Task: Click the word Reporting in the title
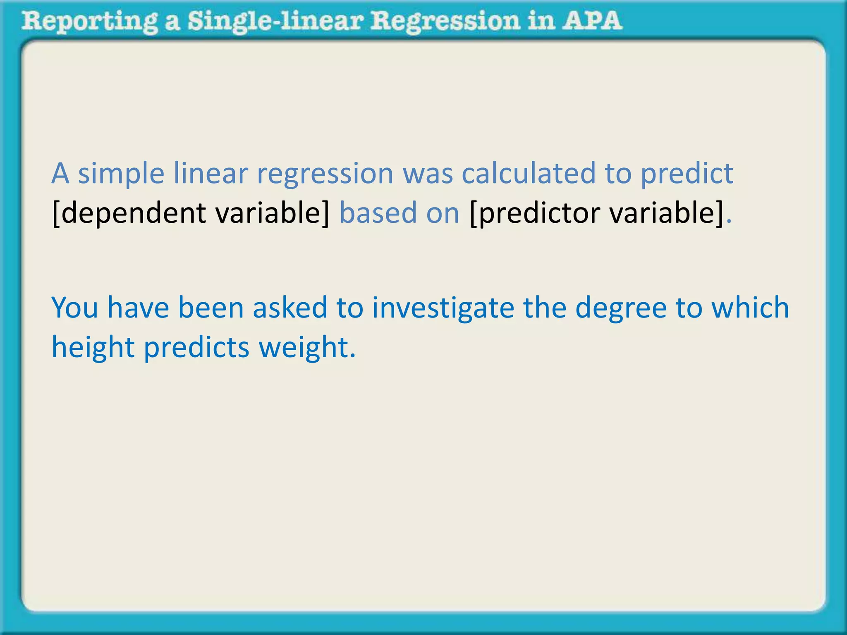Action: point(89,21)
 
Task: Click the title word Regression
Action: point(445,21)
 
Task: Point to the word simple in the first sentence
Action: point(121,174)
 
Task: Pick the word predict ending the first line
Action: point(687,174)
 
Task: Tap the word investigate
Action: point(443,308)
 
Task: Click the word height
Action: point(93,347)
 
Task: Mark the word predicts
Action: point(196,347)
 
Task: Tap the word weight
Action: point(306,347)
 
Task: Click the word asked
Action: point(290,308)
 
